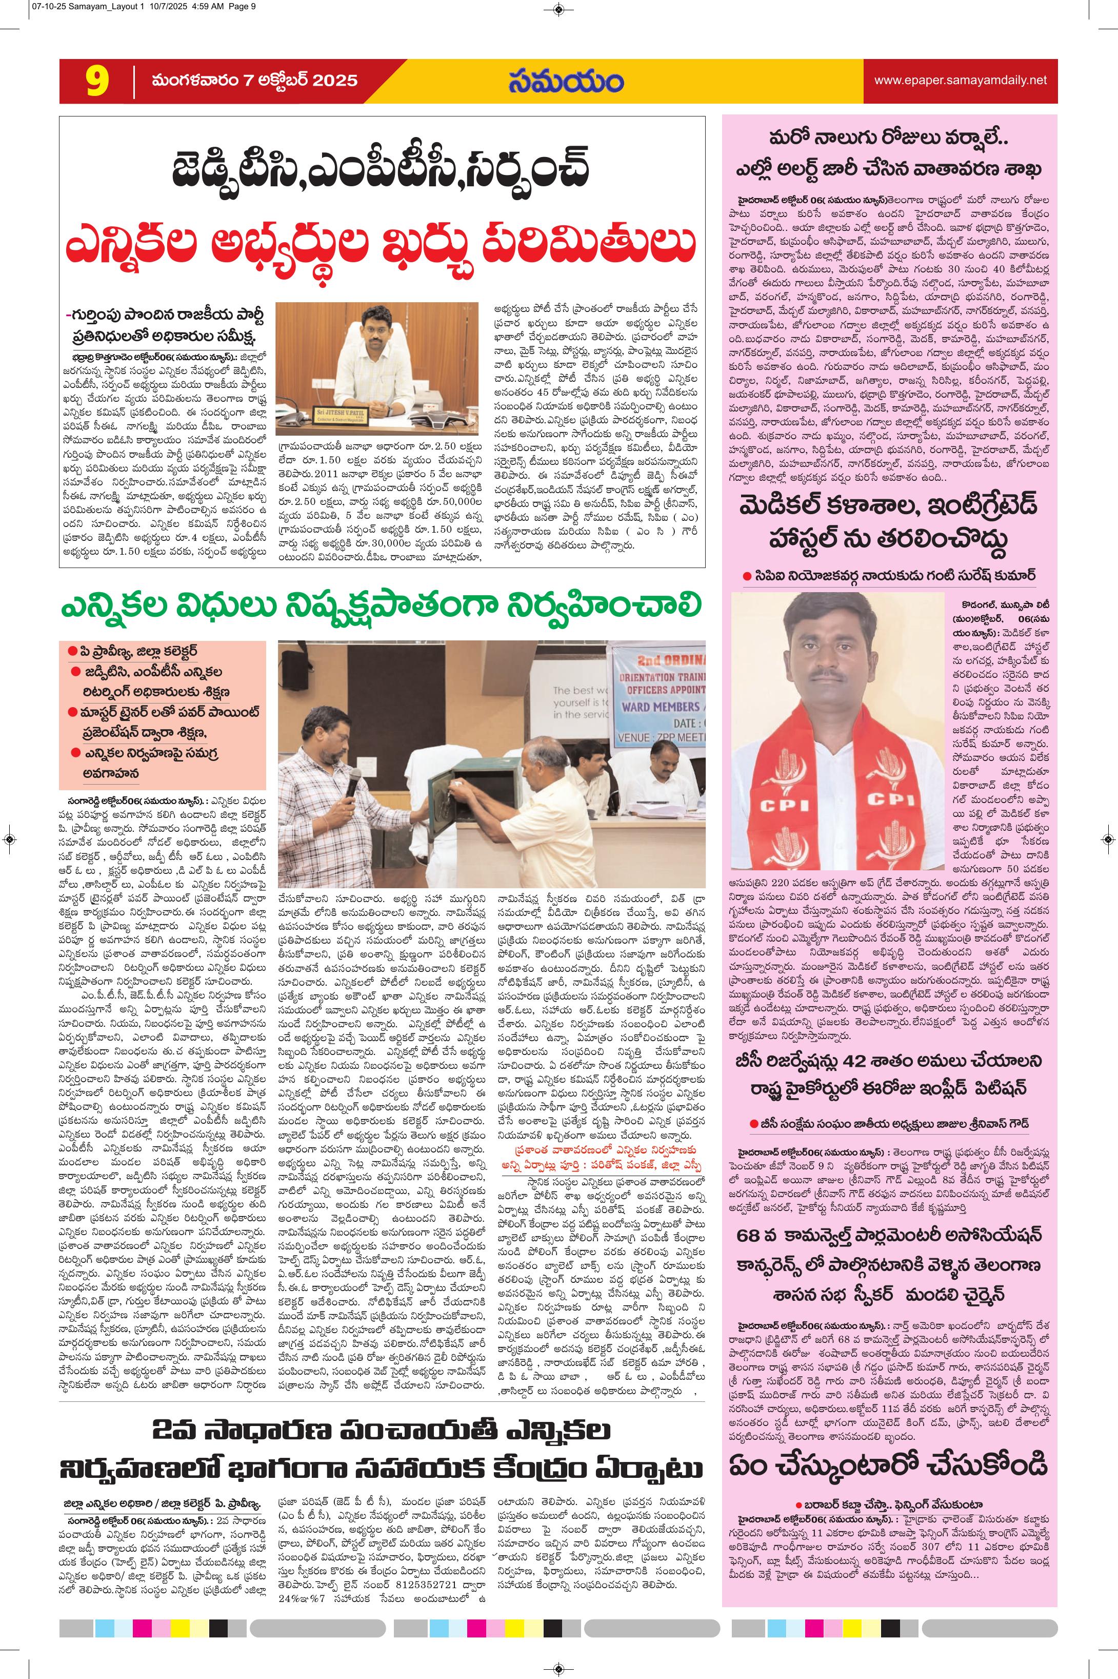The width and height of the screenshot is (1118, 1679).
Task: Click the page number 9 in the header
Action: [97, 81]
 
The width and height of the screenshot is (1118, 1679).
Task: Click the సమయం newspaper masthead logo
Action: [566, 81]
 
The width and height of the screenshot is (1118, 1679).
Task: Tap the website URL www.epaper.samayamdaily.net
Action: [961, 81]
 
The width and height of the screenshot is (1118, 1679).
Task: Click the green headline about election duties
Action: [381, 606]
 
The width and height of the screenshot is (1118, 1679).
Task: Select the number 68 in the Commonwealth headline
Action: [754, 1234]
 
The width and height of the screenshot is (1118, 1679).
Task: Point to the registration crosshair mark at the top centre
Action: [558, 9]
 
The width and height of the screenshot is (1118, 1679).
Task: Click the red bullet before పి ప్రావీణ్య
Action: [73, 651]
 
